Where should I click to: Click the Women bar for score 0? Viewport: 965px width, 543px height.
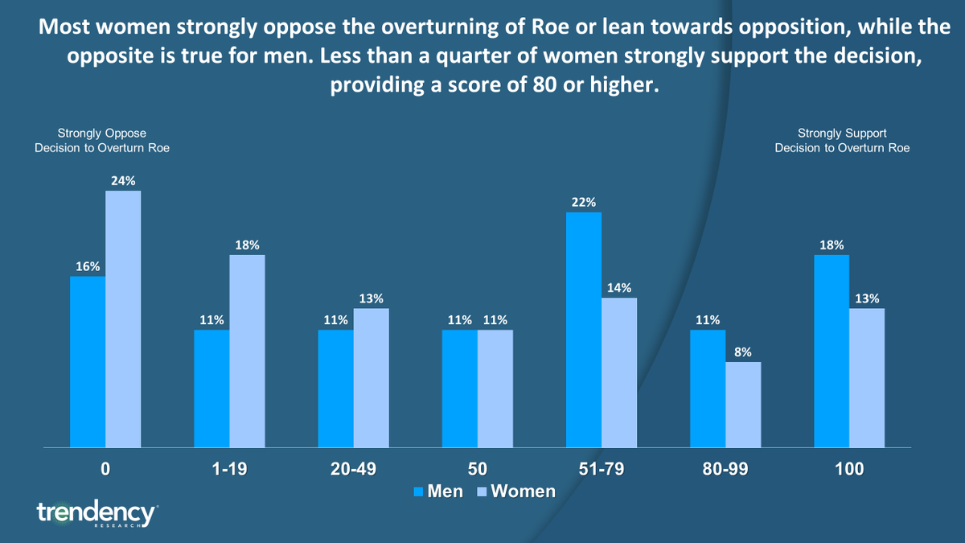click(x=123, y=319)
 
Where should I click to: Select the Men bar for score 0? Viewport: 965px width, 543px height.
click(x=88, y=361)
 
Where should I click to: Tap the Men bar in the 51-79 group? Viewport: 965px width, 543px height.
click(x=584, y=329)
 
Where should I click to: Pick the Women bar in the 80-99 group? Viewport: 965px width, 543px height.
click(x=743, y=404)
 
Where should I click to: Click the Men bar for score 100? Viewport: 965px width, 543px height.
click(x=832, y=351)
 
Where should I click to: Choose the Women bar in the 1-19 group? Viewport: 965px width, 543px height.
click(x=247, y=351)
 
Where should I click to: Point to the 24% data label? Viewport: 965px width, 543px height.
click(x=123, y=181)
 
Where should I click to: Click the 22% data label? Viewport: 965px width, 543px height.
click(x=584, y=203)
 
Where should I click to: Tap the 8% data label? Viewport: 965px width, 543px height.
click(x=743, y=352)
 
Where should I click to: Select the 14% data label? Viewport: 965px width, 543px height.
click(x=619, y=288)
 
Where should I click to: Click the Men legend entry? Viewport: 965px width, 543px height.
click(x=437, y=491)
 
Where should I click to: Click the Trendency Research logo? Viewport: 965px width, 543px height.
click(x=96, y=513)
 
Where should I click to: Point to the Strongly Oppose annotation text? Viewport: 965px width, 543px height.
click(x=101, y=140)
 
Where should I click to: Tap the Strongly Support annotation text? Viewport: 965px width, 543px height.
click(x=842, y=140)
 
